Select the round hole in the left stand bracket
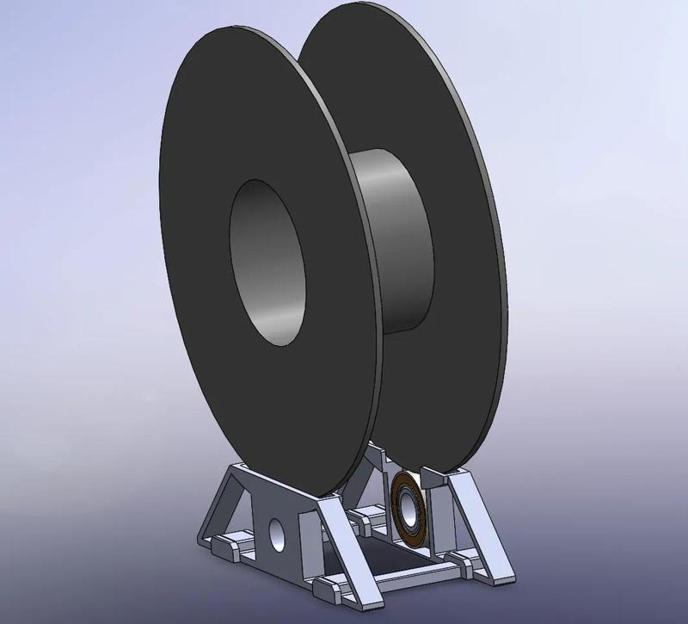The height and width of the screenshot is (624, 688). (277, 536)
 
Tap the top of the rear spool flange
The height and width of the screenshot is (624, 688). (361, 22)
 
